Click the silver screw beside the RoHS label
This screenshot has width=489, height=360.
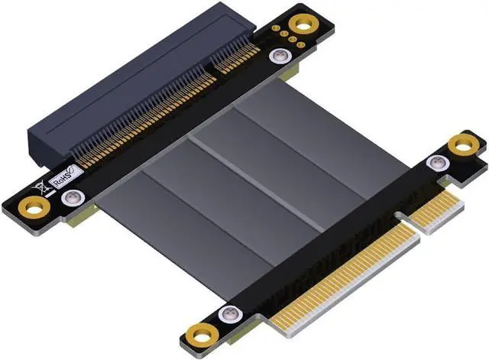73,197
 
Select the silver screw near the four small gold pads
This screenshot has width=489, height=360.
280,57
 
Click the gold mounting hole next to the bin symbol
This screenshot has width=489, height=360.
34,208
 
